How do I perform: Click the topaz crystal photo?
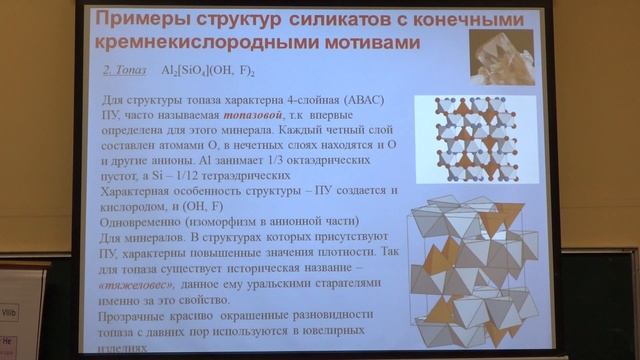tap(501, 56)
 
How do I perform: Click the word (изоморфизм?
tap(220, 222)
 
